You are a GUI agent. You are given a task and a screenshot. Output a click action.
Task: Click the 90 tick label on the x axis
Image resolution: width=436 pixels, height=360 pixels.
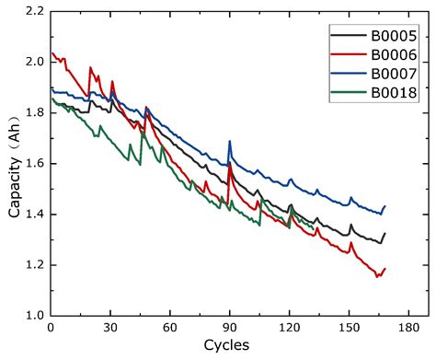(229, 329)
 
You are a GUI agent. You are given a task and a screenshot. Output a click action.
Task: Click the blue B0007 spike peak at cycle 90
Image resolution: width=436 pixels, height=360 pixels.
(229, 141)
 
